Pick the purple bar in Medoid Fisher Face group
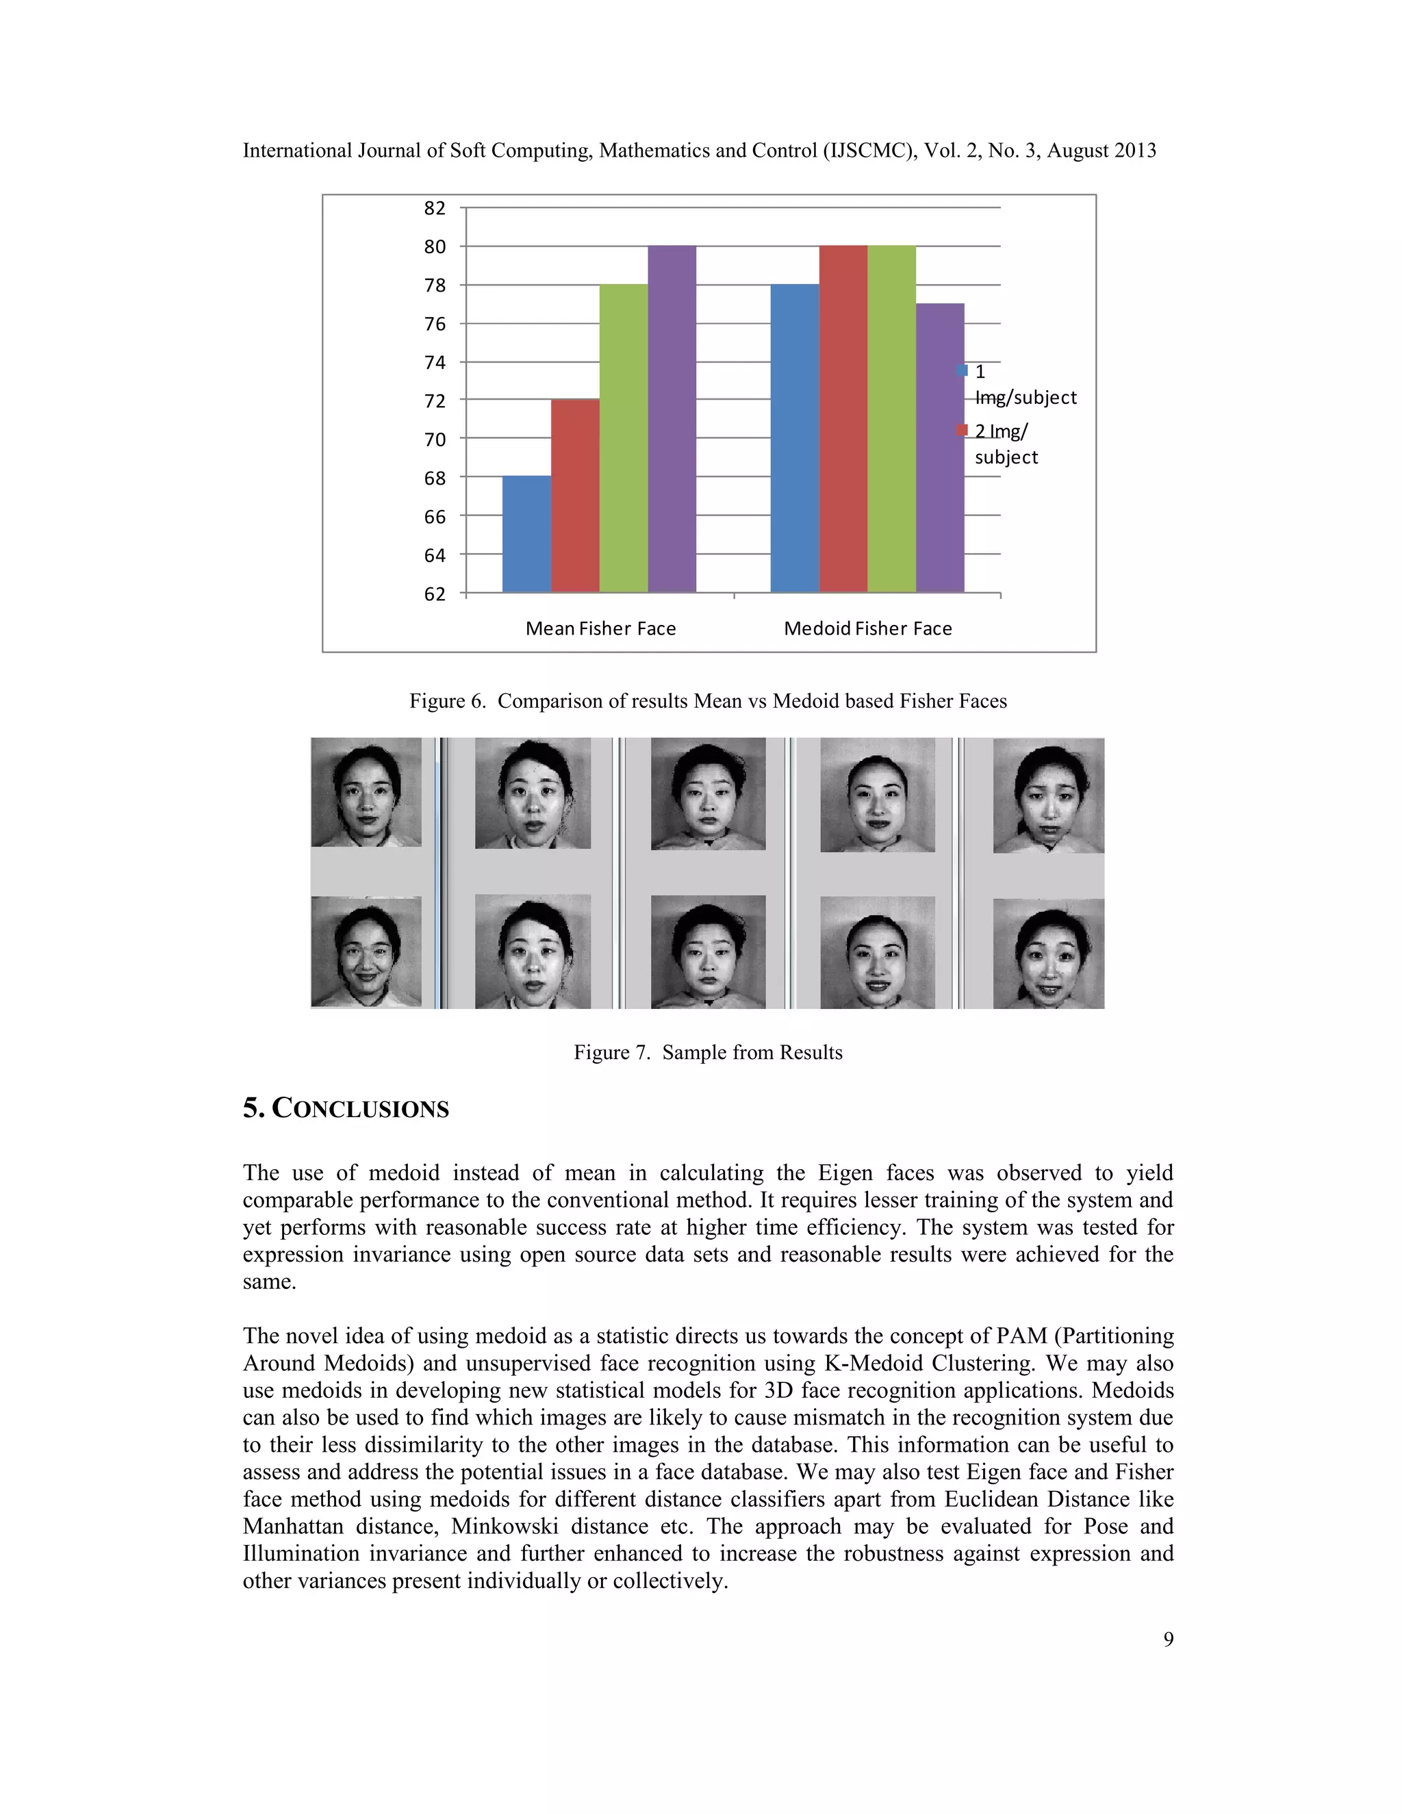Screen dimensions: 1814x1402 (x=940, y=448)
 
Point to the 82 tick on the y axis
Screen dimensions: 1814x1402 (x=435, y=207)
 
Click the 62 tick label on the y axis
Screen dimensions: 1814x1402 (x=435, y=594)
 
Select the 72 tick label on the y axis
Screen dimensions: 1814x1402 (x=435, y=401)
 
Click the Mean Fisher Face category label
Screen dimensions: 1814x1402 (x=600, y=629)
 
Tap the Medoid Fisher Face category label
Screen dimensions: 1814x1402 (x=868, y=629)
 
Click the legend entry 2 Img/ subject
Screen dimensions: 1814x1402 (x=1004, y=444)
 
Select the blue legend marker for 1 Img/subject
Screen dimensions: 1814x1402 (x=963, y=370)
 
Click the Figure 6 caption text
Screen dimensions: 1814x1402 (x=708, y=701)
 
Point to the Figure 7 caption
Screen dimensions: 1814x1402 (x=708, y=1052)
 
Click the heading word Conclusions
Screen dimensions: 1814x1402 (x=361, y=1109)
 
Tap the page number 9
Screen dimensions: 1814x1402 (x=1168, y=1639)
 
